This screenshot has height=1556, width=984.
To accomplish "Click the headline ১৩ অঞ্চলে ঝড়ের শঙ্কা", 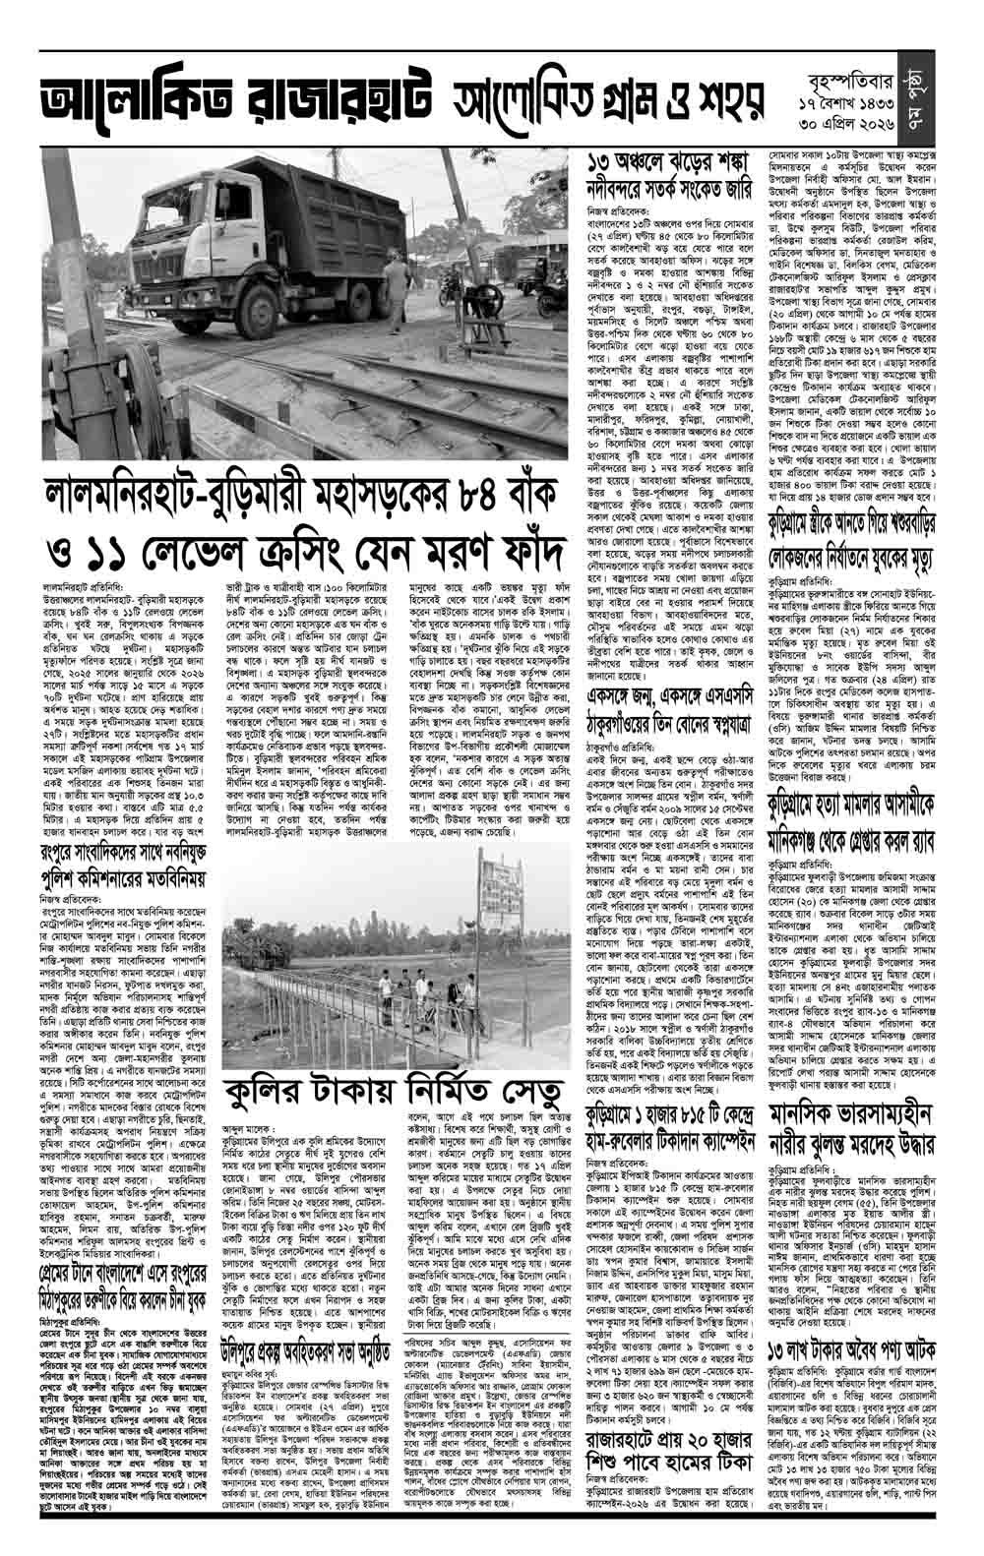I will (x=662, y=162).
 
